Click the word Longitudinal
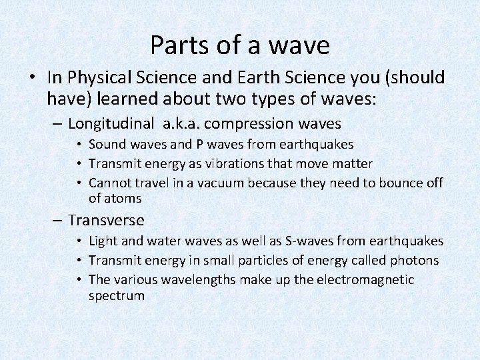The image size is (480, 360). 109,123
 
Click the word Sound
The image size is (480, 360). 107,145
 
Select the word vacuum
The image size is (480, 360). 225,183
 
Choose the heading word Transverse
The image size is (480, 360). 106,220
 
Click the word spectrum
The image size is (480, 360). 116,295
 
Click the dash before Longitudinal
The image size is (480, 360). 59,123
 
